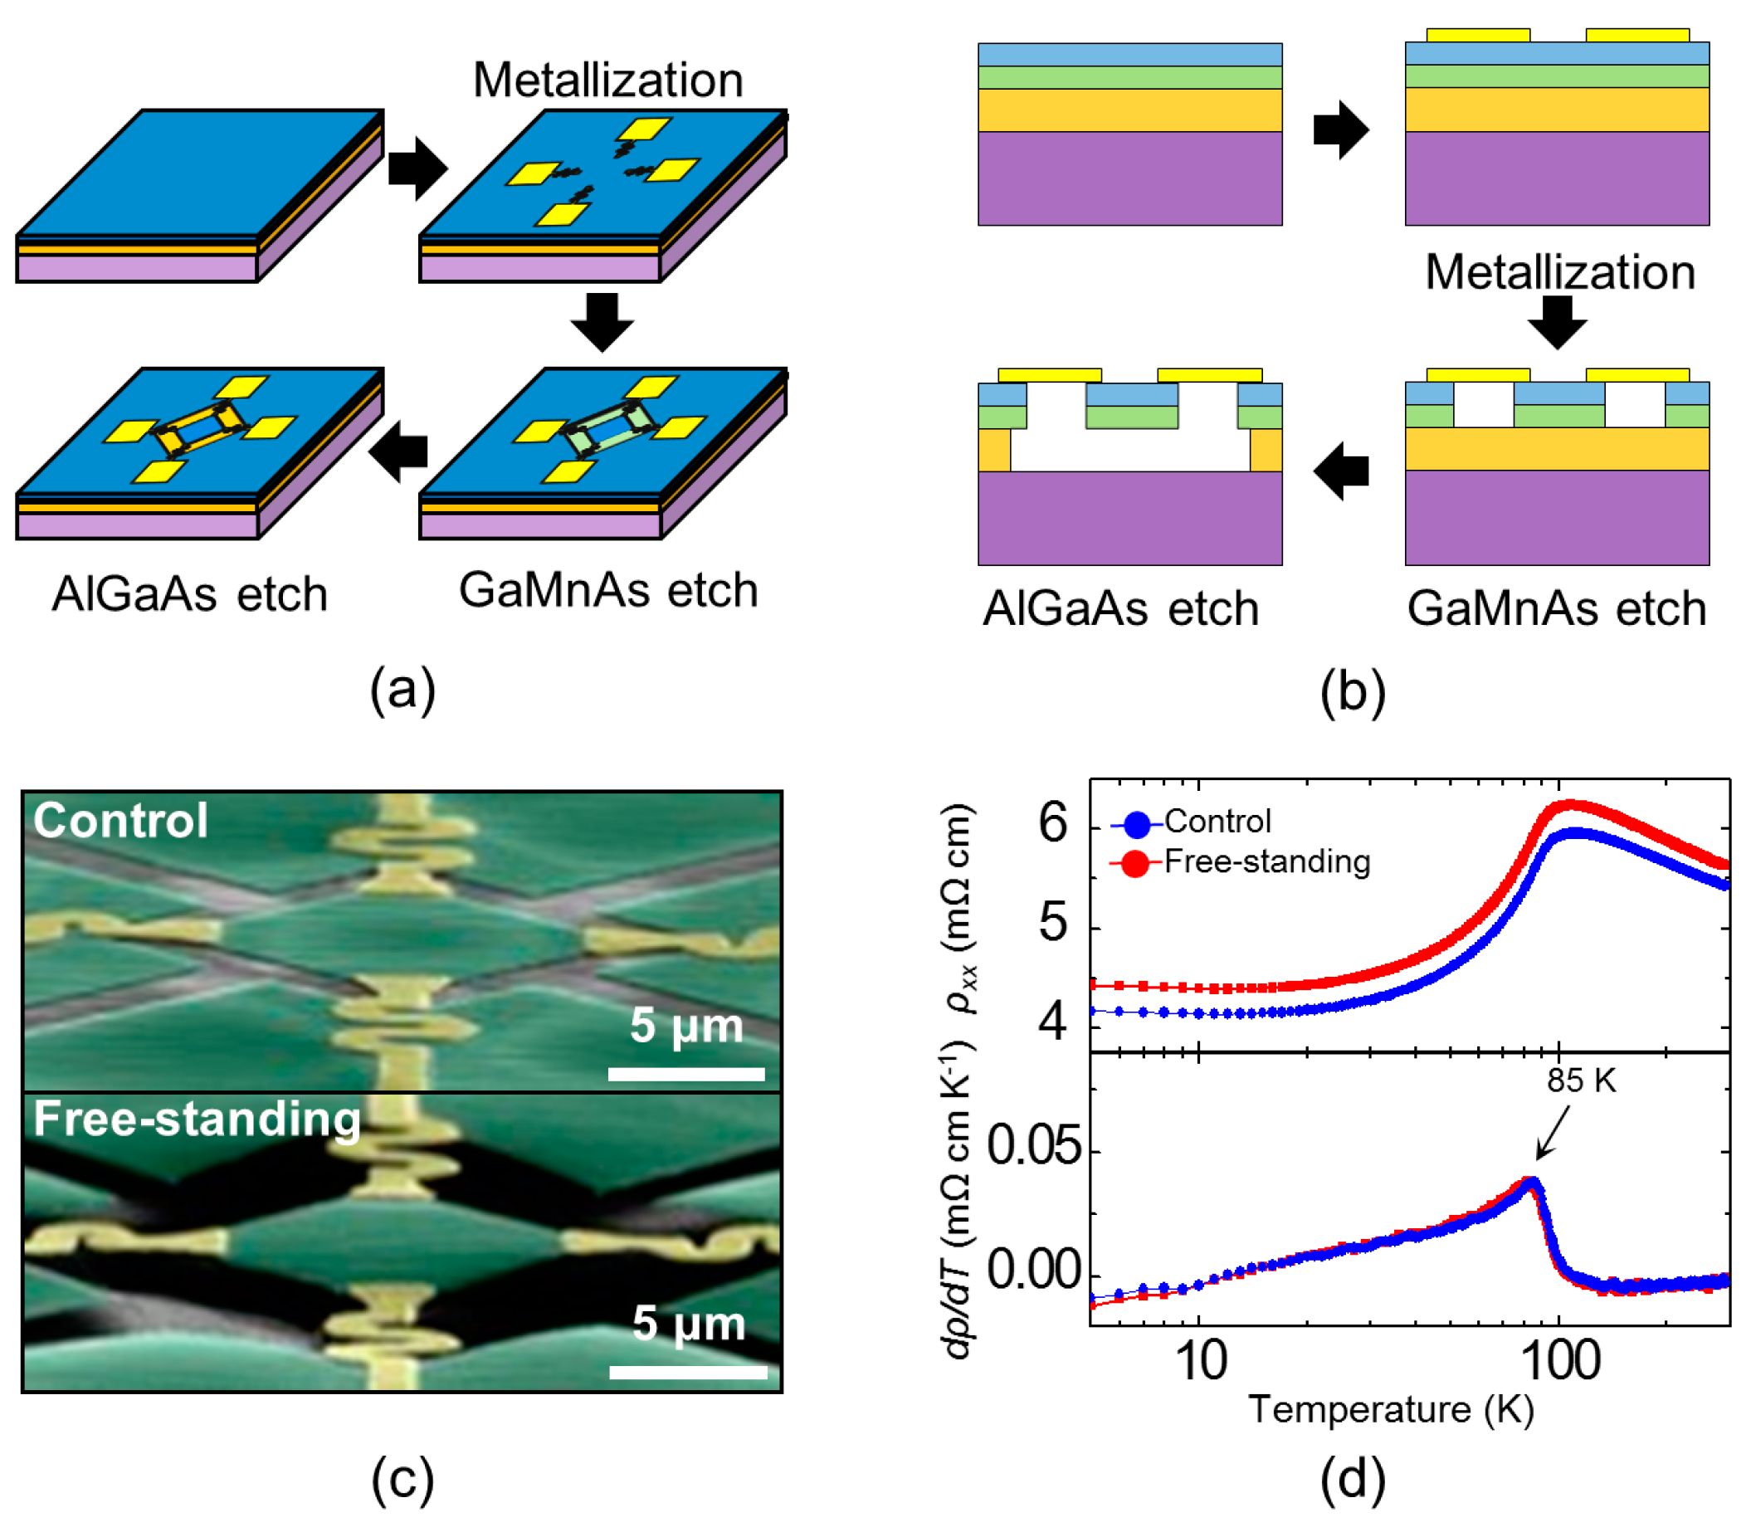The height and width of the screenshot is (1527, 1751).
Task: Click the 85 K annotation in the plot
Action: click(1581, 1081)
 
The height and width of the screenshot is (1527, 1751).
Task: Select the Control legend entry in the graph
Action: click(1217, 822)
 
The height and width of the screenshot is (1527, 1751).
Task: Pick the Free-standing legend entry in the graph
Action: click(1266, 861)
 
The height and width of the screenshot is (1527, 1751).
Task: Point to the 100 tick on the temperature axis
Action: click(1559, 1362)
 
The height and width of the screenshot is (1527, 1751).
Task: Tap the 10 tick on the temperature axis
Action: click(1200, 1362)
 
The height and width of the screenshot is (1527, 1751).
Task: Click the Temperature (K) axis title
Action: click(1391, 1410)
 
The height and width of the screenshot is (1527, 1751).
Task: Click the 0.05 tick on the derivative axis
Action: click(1033, 1146)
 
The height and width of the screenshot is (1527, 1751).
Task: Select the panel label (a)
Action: click(402, 689)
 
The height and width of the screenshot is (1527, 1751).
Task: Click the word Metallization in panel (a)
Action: click(607, 80)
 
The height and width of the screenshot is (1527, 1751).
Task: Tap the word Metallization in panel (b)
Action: click(1559, 273)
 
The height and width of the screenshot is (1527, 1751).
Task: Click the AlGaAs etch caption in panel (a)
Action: click(189, 594)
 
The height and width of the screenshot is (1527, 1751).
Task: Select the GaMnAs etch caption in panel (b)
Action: click(1556, 608)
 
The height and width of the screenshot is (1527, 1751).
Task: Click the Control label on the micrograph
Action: click(120, 821)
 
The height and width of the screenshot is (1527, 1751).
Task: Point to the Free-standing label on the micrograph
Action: click(197, 1119)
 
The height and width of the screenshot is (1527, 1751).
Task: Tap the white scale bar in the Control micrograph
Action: click(686, 1074)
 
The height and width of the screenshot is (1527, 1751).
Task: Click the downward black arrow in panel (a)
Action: click(602, 322)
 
